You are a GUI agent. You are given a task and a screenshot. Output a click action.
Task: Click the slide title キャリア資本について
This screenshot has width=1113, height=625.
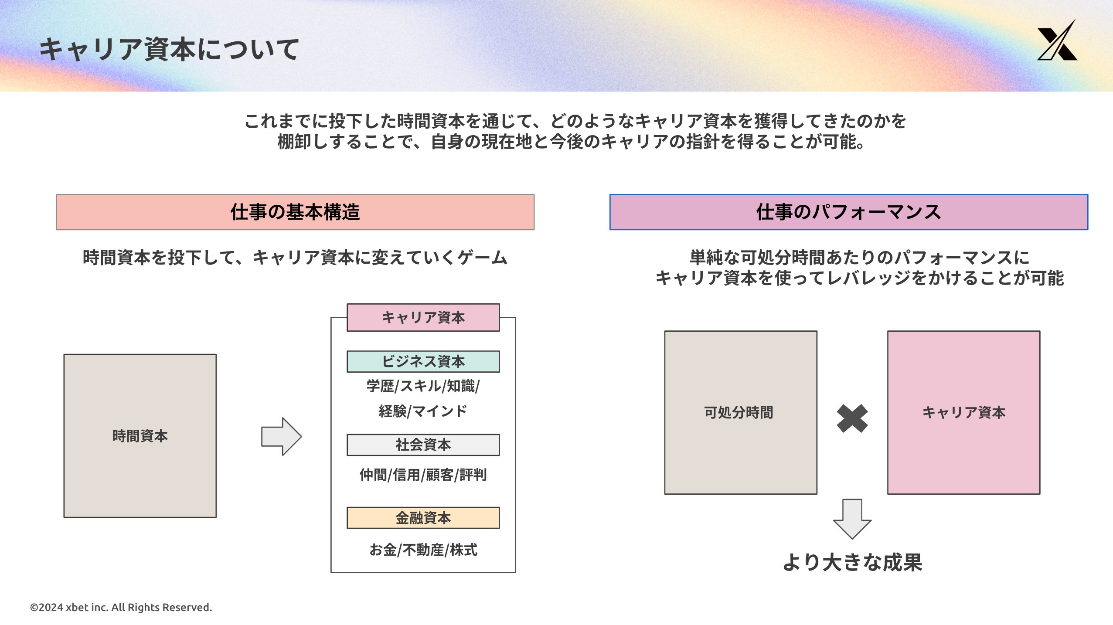click(x=169, y=49)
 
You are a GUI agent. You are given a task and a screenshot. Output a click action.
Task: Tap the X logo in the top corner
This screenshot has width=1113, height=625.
click(x=1057, y=41)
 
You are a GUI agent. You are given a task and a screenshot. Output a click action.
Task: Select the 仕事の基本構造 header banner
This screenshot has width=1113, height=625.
click(x=295, y=212)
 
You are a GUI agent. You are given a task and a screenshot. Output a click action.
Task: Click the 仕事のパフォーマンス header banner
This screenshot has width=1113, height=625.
click(x=848, y=212)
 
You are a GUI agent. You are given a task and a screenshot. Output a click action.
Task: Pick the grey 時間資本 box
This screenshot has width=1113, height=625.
click(x=140, y=436)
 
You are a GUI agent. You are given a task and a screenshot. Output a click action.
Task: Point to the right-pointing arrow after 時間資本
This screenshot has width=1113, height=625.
click(x=281, y=436)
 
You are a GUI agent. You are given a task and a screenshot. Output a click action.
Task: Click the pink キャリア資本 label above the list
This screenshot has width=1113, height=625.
click(x=423, y=317)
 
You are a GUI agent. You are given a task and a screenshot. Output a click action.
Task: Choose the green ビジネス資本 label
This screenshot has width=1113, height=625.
click(x=423, y=361)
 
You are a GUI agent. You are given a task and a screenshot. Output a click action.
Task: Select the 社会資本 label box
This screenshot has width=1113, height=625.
click(x=423, y=445)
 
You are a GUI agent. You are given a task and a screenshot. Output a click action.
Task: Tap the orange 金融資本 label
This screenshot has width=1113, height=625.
click(x=423, y=518)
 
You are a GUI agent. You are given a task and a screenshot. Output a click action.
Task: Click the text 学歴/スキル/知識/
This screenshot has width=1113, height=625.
click(x=423, y=386)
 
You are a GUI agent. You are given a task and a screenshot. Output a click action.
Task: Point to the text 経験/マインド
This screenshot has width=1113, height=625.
click(x=423, y=411)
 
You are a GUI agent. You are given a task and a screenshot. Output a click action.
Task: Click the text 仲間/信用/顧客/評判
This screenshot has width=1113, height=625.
click(x=423, y=475)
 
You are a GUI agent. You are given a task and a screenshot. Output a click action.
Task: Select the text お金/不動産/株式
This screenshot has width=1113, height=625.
click(x=423, y=550)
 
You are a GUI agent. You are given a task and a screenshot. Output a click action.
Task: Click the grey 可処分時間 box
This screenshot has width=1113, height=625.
click(x=740, y=412)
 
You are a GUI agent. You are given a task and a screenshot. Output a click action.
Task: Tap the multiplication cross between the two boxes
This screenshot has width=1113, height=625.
click(x=852, y=418)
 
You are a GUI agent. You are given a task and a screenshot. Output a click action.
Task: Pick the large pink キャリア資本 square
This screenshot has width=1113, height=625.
click(x=963, y=412)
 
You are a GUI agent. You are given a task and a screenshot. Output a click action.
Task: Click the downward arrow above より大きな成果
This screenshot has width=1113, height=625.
click(x=852, y=519)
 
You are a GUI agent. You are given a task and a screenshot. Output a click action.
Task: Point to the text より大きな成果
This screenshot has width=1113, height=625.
click(x=852, y=562)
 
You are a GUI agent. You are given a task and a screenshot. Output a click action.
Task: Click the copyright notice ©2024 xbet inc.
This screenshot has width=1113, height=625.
click(x=121, y=607)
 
